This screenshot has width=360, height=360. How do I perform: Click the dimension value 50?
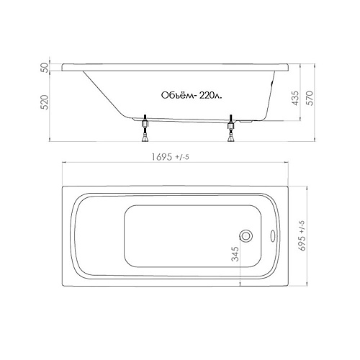[x=45, y=68]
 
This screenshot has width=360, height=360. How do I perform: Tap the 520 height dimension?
[x=45, y=102]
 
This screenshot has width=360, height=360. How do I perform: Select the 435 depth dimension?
[x=296, y=98]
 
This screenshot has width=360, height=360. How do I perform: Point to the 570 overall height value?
[x=310, y=98]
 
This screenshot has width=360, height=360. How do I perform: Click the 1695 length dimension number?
[x=162, y=157]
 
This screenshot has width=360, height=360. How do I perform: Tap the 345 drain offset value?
[x=235, y=254]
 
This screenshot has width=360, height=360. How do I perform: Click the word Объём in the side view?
[x=177, y=95]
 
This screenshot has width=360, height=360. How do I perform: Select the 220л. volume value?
[x=210, y=96]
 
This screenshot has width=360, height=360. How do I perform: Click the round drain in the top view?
[x=246, y=235]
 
